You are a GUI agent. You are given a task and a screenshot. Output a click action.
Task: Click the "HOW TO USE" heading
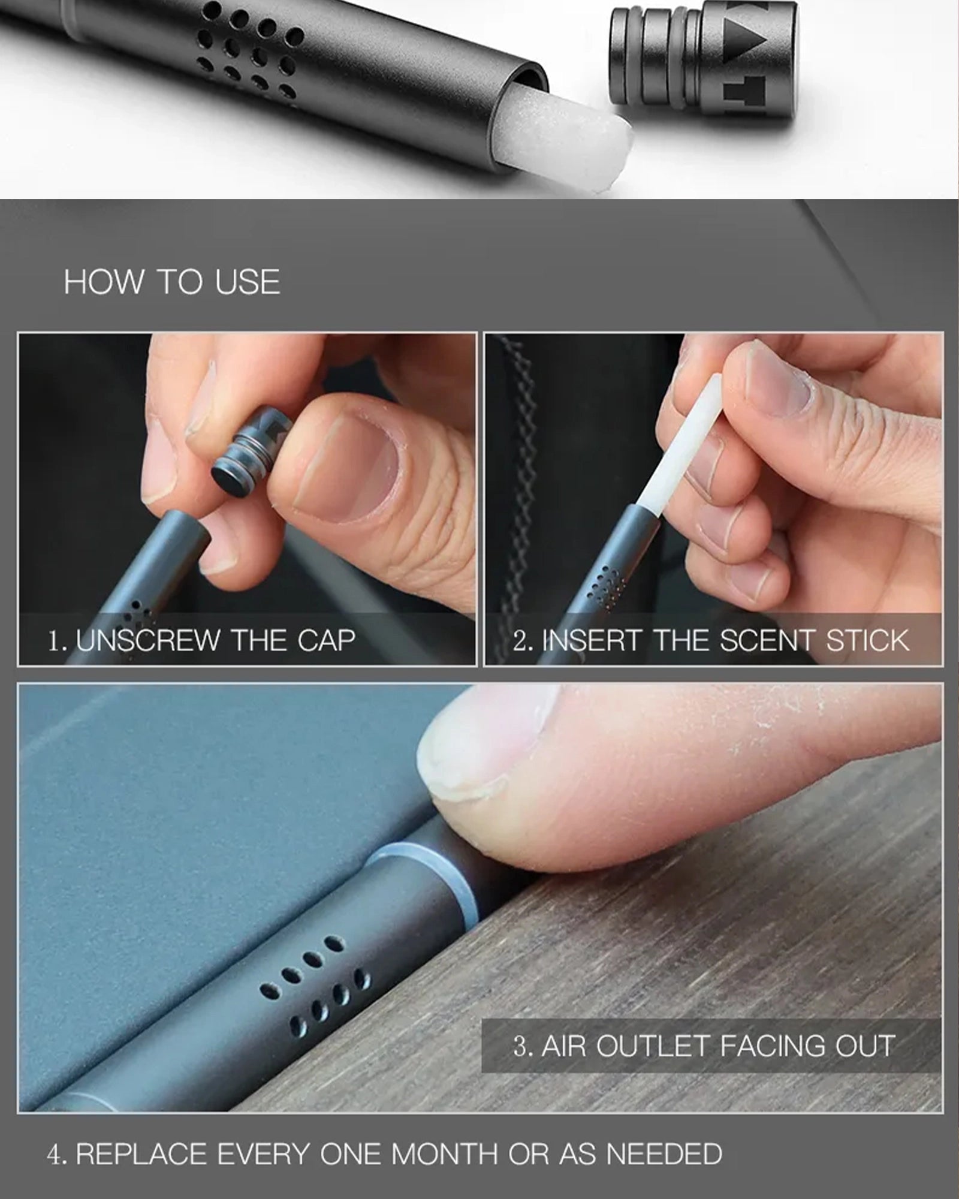(172, 282)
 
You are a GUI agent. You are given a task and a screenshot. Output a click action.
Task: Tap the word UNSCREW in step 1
(149, 641)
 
